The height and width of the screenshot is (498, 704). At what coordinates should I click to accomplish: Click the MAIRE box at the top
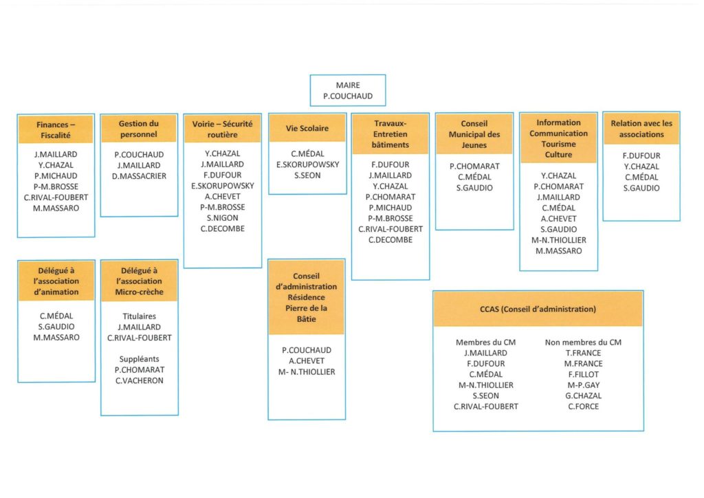coord(347,90)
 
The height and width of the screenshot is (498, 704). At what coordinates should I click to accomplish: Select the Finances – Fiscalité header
coord(56,130)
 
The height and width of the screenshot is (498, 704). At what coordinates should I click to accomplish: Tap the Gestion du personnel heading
coord(139,129)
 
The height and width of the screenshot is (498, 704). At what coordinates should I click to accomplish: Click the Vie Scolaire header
coord(307,128)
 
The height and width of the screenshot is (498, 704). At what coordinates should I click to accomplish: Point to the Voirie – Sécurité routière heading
coord(222,129)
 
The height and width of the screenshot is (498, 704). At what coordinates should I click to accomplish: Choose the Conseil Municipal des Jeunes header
coord(474,134)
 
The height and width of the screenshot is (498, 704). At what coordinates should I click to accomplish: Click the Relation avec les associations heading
coord(641,129)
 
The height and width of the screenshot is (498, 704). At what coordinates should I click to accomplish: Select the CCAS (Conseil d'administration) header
coord(538,309)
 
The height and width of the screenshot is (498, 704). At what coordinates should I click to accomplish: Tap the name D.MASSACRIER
coord(139,176)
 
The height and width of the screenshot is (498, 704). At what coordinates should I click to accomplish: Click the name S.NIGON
coord(222,218)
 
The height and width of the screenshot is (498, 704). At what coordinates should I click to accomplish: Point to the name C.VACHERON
coord(139,380)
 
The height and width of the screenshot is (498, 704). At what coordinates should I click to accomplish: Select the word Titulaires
coord(139,316)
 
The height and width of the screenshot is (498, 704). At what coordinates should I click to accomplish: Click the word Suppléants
coord(139,359)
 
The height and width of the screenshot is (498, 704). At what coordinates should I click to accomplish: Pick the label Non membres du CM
coord(583,342)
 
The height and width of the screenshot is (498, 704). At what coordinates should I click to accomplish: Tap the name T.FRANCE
coord(583,353)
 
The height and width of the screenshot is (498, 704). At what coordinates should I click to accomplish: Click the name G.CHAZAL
coord(583,396)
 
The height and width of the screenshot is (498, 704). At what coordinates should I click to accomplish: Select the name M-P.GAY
coord(583,385)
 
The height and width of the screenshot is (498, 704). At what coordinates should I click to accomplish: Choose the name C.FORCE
coord(583,407)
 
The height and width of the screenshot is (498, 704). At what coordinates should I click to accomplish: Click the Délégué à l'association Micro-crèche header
coord(139,281)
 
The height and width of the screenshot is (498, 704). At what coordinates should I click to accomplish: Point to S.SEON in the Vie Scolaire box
coord(307,175)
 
